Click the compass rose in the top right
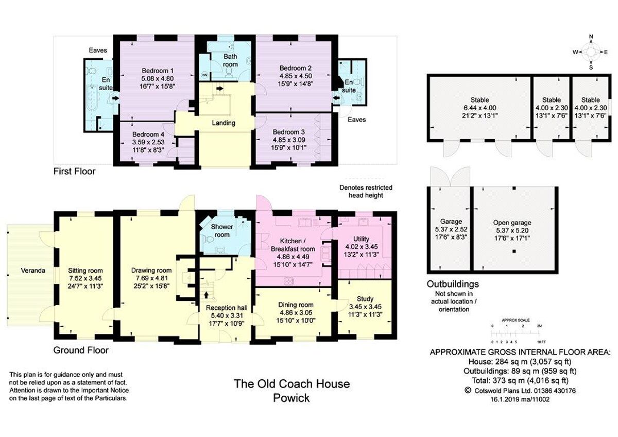(x=591, y=52)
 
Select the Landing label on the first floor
(x=224, y=123)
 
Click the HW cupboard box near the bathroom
(x=204, y=75)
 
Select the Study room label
(x=365, y=299)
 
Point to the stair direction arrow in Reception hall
(x=207, y=295)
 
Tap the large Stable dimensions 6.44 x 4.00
(x=479, y=108)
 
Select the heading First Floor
(x=75, y=171)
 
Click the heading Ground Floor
(x=81, y=350)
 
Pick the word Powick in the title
(x=291, y=398)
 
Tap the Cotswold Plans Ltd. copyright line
(x=520, y=391)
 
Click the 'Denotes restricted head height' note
(x=366, y=192)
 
